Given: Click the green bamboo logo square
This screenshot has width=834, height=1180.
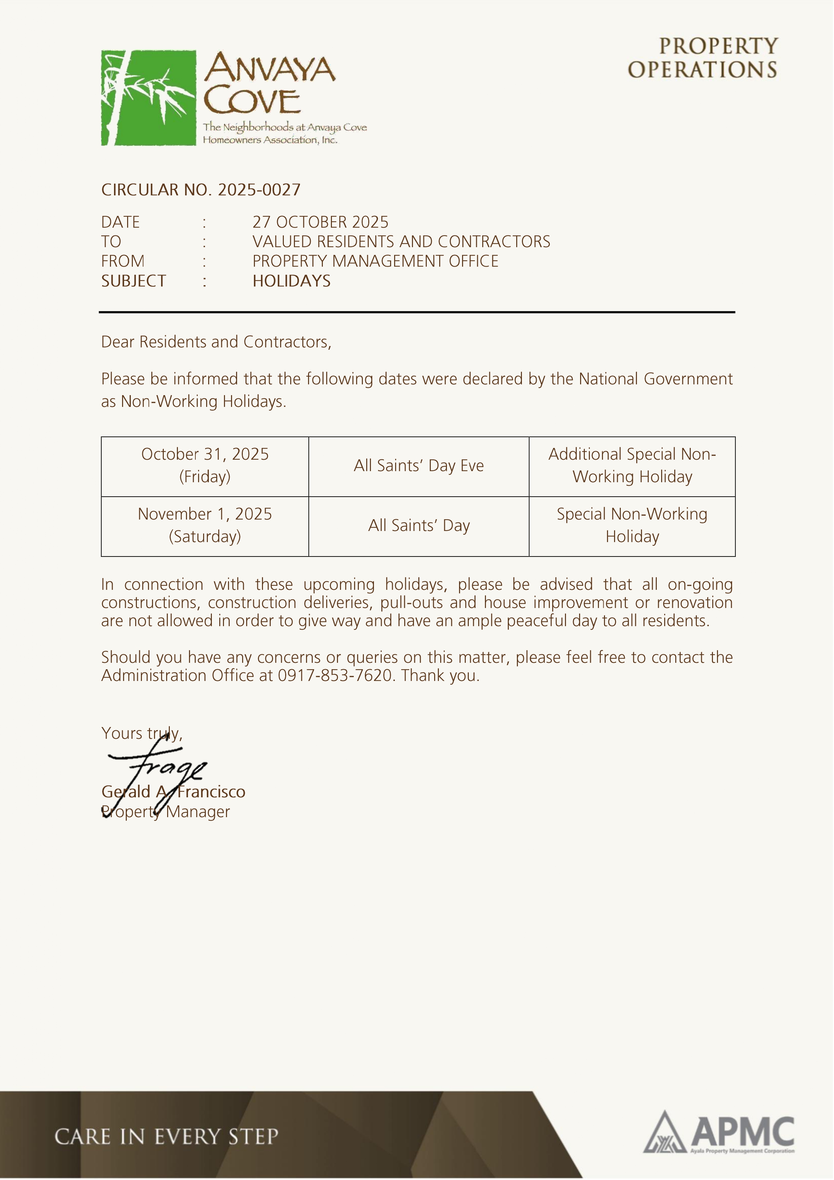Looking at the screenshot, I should pos(149,98).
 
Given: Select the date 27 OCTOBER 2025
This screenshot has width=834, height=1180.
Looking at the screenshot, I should pos(320,222).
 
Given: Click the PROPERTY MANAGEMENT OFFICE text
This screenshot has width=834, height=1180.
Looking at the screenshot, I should pos(375,261).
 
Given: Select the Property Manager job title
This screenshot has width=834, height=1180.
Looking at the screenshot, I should pos(165,812).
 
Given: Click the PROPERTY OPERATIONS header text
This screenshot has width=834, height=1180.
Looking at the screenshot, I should pos(703,58).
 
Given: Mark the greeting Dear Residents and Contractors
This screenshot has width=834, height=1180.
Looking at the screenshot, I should pos(216,342).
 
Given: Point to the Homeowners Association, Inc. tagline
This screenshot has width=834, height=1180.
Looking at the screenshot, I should pos(270,140).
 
